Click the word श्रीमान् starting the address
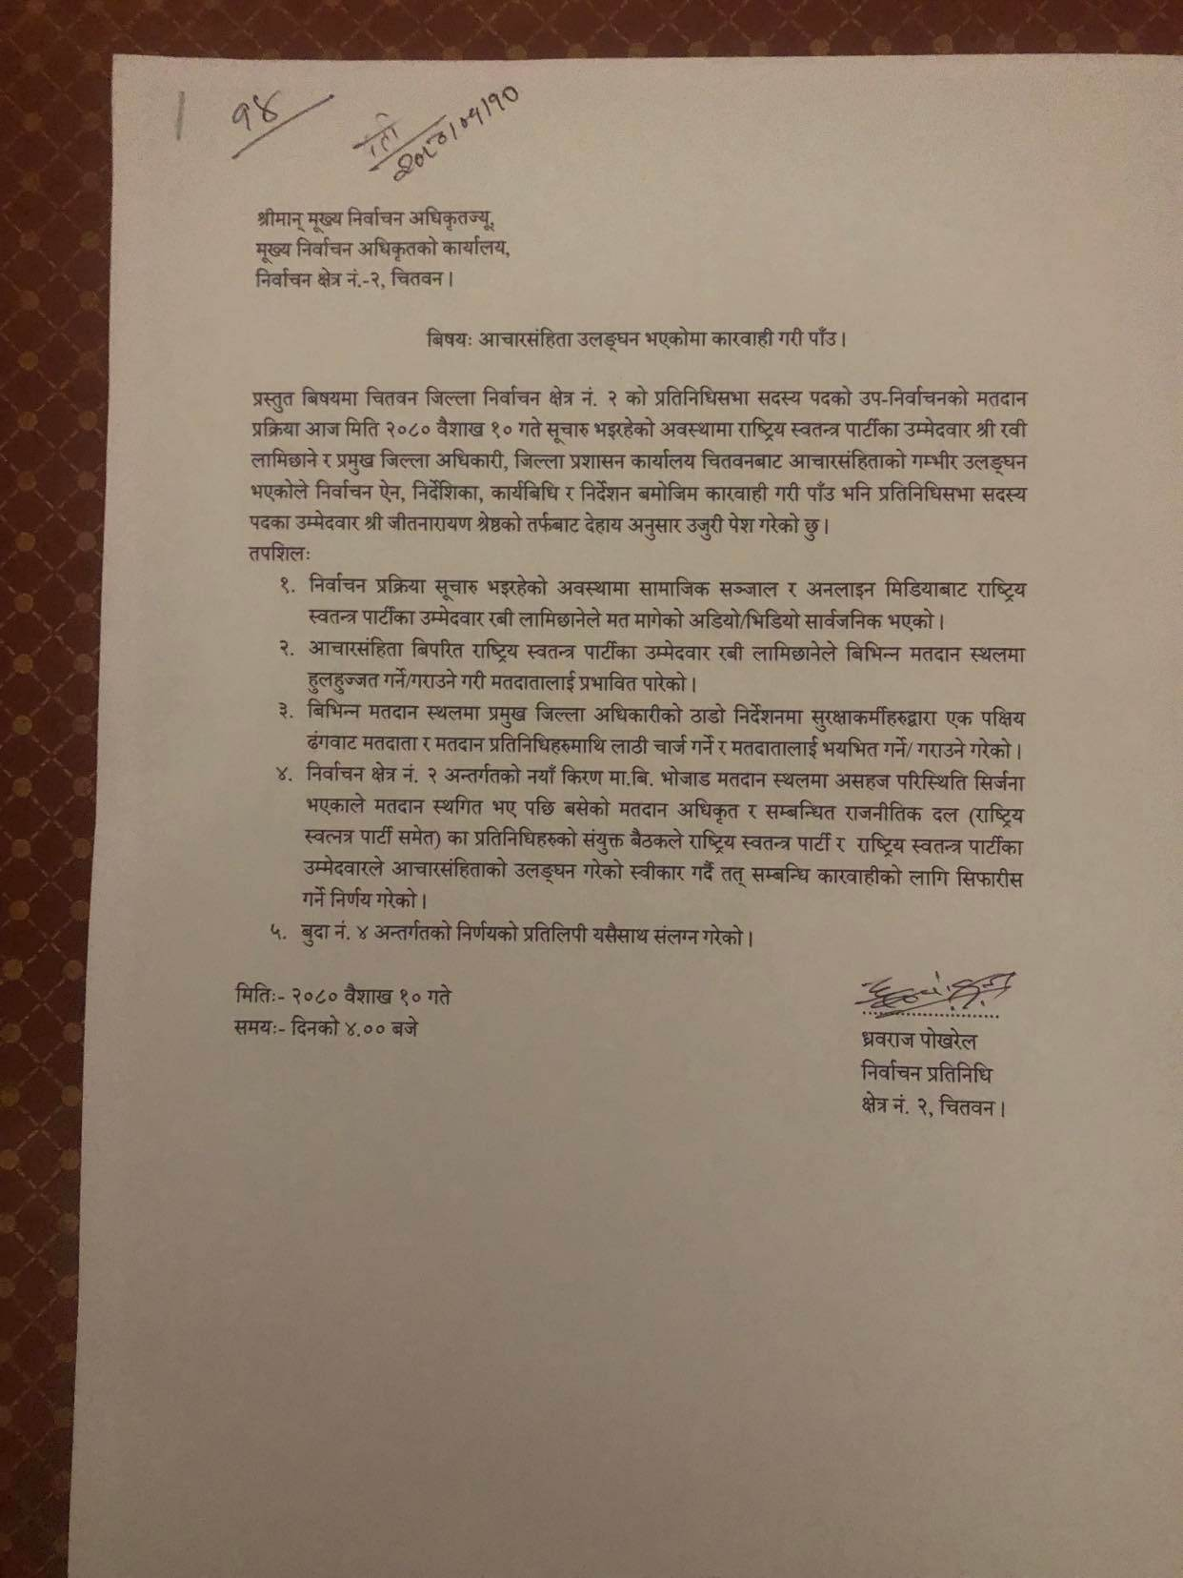[287, 218]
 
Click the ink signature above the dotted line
[934, 992]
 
